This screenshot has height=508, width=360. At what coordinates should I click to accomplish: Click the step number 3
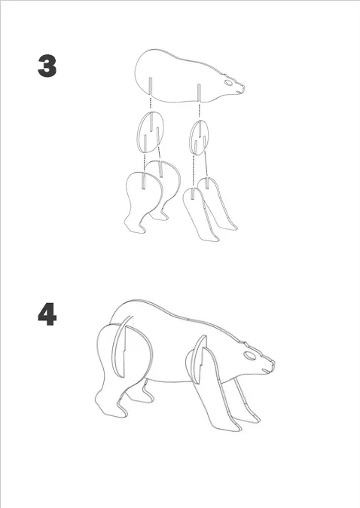47,66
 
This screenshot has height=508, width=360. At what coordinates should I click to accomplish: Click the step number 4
47,314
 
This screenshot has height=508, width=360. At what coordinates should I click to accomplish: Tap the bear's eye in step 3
228,82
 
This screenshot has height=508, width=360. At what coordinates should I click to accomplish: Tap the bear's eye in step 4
250,356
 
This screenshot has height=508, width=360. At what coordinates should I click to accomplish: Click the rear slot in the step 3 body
150,86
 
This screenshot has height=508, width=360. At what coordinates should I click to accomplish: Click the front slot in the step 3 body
199,93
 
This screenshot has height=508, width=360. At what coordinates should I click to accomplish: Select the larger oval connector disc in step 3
150,133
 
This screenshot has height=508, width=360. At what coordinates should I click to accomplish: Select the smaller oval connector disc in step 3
199,138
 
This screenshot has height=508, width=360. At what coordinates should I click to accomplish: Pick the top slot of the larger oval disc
151,121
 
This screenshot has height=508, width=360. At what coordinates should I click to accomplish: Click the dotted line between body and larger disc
151,103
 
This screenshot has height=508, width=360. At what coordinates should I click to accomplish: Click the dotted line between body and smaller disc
199,111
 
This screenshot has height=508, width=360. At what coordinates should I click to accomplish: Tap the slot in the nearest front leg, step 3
193,194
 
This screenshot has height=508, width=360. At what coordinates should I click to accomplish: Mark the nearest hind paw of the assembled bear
109,405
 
